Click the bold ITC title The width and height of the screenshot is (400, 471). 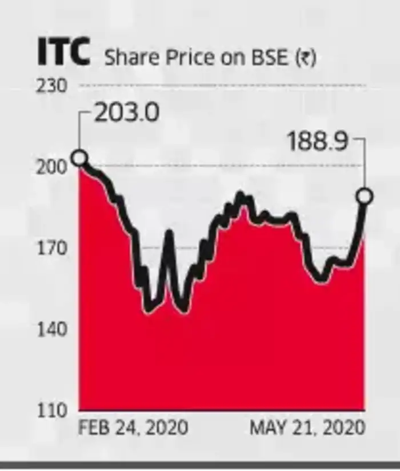coord(63,52)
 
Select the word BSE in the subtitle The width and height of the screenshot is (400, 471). coord(267,58)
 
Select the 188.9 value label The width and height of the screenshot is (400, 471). coord(318,142)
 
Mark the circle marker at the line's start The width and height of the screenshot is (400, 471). coord(80,157)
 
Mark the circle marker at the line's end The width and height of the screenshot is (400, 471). coord(365,197)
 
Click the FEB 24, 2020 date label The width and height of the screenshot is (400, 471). coord(132,428)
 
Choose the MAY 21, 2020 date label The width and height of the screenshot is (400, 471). coord(307,428)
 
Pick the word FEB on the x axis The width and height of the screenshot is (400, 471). coord(92,428)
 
